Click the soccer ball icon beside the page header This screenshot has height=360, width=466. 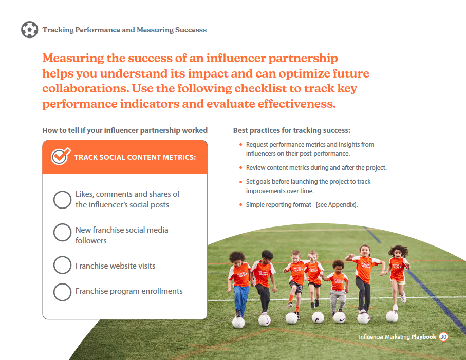pyautogui.click(x=29, y=30)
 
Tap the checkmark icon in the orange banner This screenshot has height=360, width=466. pyautogui.click(x=61, y=156)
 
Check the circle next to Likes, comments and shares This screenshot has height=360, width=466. pyautogui.click(x=62, y=200)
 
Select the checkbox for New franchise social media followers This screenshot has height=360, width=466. pyautogui.click(x=62, y=232)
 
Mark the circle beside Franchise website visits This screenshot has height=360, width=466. pyautogui.click(x=62, y=265)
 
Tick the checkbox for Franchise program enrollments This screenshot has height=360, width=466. pyautogui.click(x=62, y=292)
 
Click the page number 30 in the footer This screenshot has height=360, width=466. pyautogui.click(x=443, y=337)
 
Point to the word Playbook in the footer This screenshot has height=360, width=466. pyautogui.click(x=423, y=337)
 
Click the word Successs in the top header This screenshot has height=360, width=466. pyautogui.click(x=191, y=30)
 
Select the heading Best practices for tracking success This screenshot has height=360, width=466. pyautogui.click(x=292, y=130)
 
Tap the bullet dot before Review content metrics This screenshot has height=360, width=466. pyautogui.click(x=241, y=168)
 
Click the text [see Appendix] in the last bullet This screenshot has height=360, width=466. pyautogui.click(x=336, y=205)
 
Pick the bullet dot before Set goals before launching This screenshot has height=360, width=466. pyautogui.click(x=241, y=182)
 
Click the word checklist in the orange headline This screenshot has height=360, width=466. pyautogui.click(x=262, y=88)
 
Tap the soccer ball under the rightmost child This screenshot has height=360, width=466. pyautogui.click(x=392, y=317)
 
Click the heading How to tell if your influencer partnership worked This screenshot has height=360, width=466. pyautogui.click(x=125, y=130)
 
